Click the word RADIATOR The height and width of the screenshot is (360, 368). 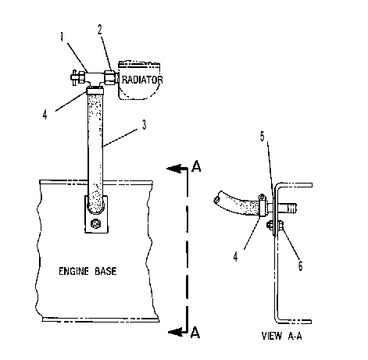coord(142,80)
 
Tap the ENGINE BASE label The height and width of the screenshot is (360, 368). coord(88,271)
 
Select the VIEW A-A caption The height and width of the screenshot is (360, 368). coord(281,336)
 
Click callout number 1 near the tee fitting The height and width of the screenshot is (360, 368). coord(62,37)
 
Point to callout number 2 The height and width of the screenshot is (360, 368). coord(100,30)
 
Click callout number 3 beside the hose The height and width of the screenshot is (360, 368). coord(144,125)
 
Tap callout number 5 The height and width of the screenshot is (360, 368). coord(263,137)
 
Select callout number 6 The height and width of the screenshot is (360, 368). coord(300,266)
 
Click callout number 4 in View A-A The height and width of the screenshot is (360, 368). coord(235,257)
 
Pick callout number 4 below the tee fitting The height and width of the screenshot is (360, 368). coord(45,115)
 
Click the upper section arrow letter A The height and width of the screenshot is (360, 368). coord(196,166)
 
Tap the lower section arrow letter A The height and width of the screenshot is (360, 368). coord(195,333)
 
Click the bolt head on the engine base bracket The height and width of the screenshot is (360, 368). coord(95,224)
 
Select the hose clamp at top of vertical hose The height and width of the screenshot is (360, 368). coord(95,91)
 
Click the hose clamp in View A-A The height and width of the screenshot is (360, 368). coord(263,205)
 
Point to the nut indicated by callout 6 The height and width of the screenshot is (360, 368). coord(280,225)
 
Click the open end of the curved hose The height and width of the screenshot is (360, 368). coord(217,199)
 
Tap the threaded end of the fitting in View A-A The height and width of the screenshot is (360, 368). coord(291,209)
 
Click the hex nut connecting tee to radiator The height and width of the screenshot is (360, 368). coord(109,77)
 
